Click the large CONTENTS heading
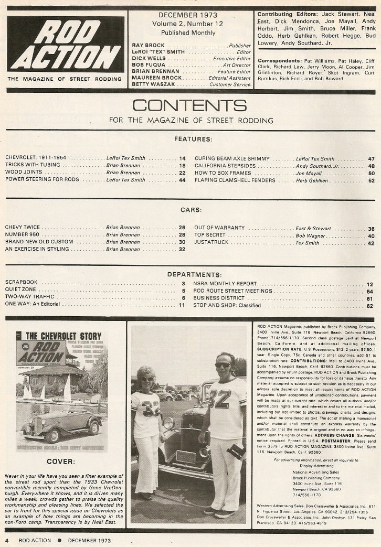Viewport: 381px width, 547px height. point(189,106)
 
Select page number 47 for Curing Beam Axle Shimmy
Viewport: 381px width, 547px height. point(371,159)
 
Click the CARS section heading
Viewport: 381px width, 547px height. point(190,210)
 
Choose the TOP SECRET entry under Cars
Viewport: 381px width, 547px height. point(210,235)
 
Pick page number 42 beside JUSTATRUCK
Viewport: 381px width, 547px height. point(371,243)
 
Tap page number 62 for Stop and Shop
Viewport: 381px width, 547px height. point(370,306)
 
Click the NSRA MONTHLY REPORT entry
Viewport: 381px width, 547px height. point(225,284)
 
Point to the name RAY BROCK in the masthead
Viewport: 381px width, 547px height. point(149,46)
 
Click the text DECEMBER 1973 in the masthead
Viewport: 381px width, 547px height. point(187,15)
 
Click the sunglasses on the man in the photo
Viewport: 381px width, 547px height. point(223,365)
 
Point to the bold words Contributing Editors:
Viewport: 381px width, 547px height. point(288,14)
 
